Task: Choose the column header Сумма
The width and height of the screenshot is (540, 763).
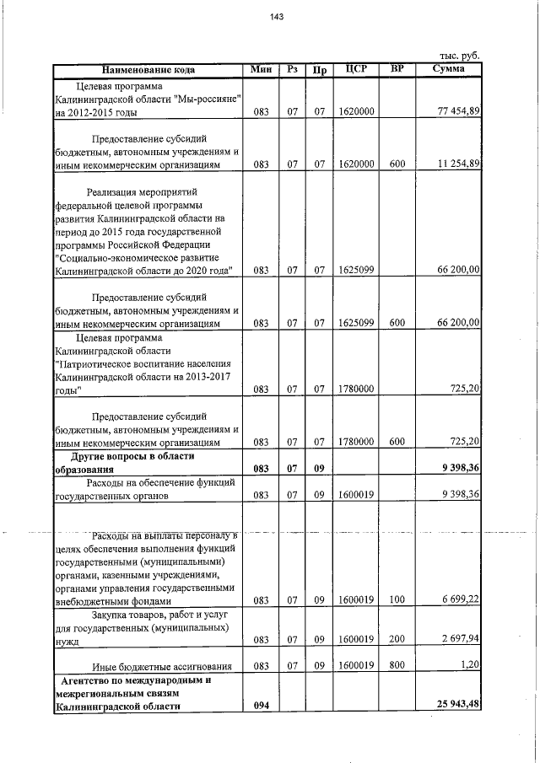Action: [x=446, y=69]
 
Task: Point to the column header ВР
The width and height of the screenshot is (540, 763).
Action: [x=392, y=69]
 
